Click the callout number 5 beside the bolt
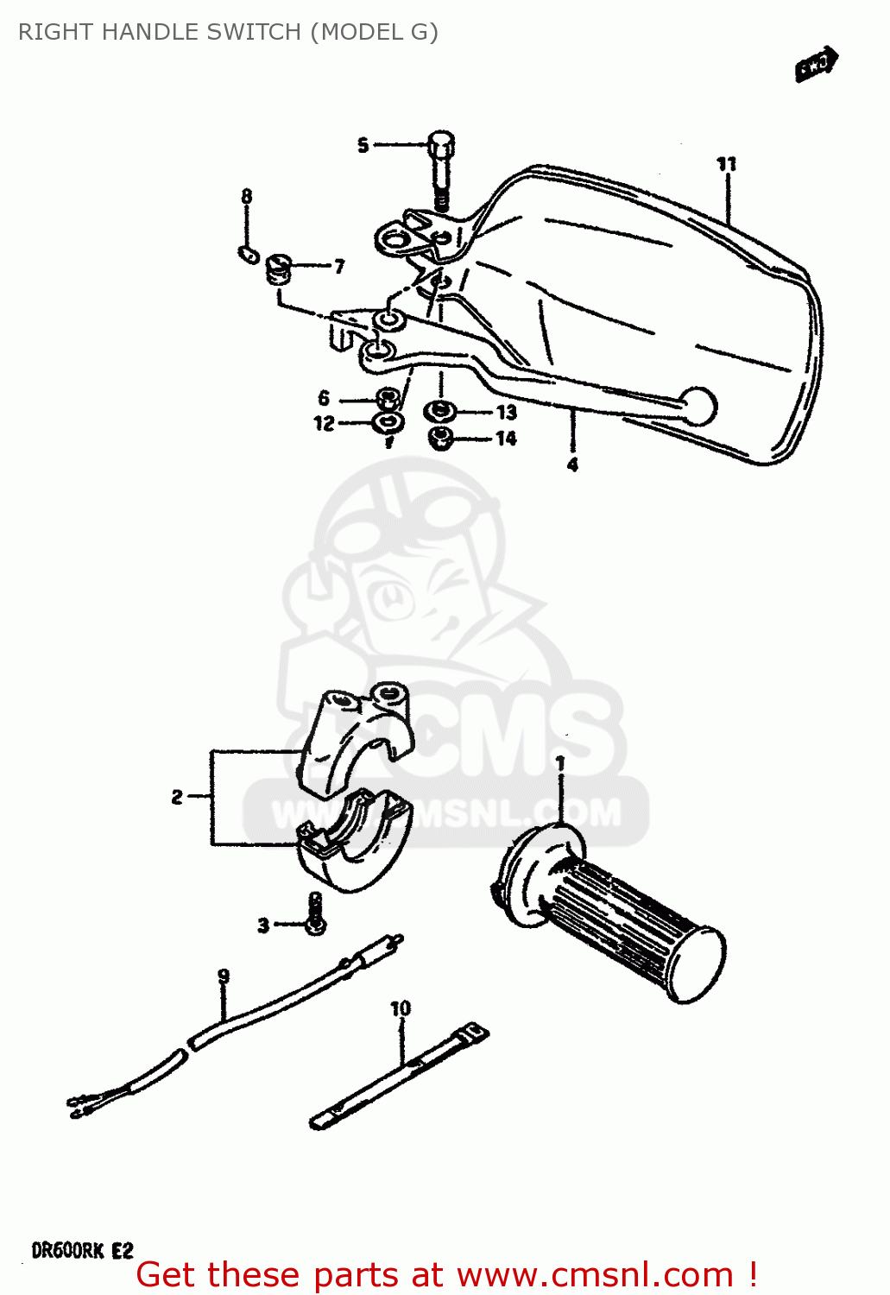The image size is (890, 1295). pyautogui.click(x=363, y=145)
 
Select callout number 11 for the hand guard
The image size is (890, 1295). pyautogui.click(x=726, y=164)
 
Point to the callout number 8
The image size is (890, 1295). pyautogui.click(x=247, y=197)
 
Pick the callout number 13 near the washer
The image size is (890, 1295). pyautogui.click(x=506, y=413)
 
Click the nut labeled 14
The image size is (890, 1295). pyautogui.click(x=441, y=438)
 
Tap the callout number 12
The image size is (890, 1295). pyautogui.click(x=324, y=423)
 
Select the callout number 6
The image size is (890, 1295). pyautogui.click(x=324, y=398)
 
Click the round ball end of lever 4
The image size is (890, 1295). pyautogui.click(x=698, y=406)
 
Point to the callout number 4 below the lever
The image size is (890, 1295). pyautogui.click(x=572, y=464)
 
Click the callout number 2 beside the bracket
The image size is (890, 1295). pyautogui.click(x=177, y=797)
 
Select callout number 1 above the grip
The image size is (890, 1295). pyautogui.click(x=560, y=764)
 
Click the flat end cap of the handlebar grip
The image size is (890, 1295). pyautogui.click(x=697, y=965)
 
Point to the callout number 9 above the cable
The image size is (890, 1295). pyautogui.click(x=224, y=976)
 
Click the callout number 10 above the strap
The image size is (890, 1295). pyautogui.click(x=401, y=1008)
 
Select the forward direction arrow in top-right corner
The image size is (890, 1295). pyautogui.click(x=817, y=64)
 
